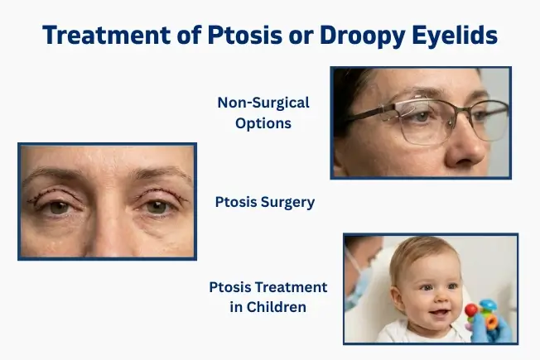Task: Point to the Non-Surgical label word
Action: coord(263,103)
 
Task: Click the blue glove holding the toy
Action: coord(500,331)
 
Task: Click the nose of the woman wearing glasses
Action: coord(470,146)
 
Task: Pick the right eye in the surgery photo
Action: coord(157,207)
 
